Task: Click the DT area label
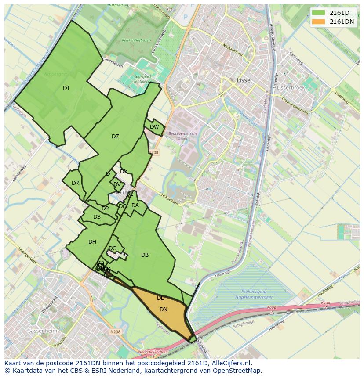pyautogui.click(x=66, y=88)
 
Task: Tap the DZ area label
pyautogui.click(x=115, y=137)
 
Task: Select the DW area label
pyautogui.click(x=154, y=127)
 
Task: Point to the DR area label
pyautogui.click(x=75, y=183)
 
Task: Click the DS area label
pyautogui.click(x=97, y=217)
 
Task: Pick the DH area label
pyautogui.click(x=92, y=242)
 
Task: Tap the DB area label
pyautogui.click(x=145, y=255)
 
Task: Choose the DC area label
pyautogui.click(x=113, y=248)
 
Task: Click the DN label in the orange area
pyautogui.click(x=163, y=310)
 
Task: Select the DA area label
pyautogui.click(x=135, y=205)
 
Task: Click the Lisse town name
pyautogui.click(x=243, y=80)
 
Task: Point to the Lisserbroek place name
pyautogui.click(x=291, y=87)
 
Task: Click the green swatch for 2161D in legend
pyautogui.click(x=319, y=13)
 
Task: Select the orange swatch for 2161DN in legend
pyautogui.click(x=319, y=22)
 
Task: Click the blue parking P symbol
pyautogui.click(x=185, y=17)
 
